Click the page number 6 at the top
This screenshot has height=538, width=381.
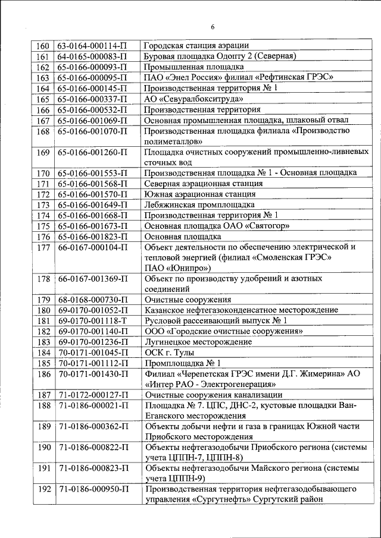click(213, 26)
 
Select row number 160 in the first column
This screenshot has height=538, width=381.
click(43, 46)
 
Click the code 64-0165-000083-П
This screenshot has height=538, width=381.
click(92, 56)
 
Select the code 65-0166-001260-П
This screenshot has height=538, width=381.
click(92, 152)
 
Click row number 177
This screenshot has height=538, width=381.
click(43, 247)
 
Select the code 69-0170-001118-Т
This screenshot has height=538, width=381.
click(92, 321)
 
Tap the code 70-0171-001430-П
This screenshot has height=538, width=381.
click(92, 374)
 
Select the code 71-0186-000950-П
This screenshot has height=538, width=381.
click(92, 489)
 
